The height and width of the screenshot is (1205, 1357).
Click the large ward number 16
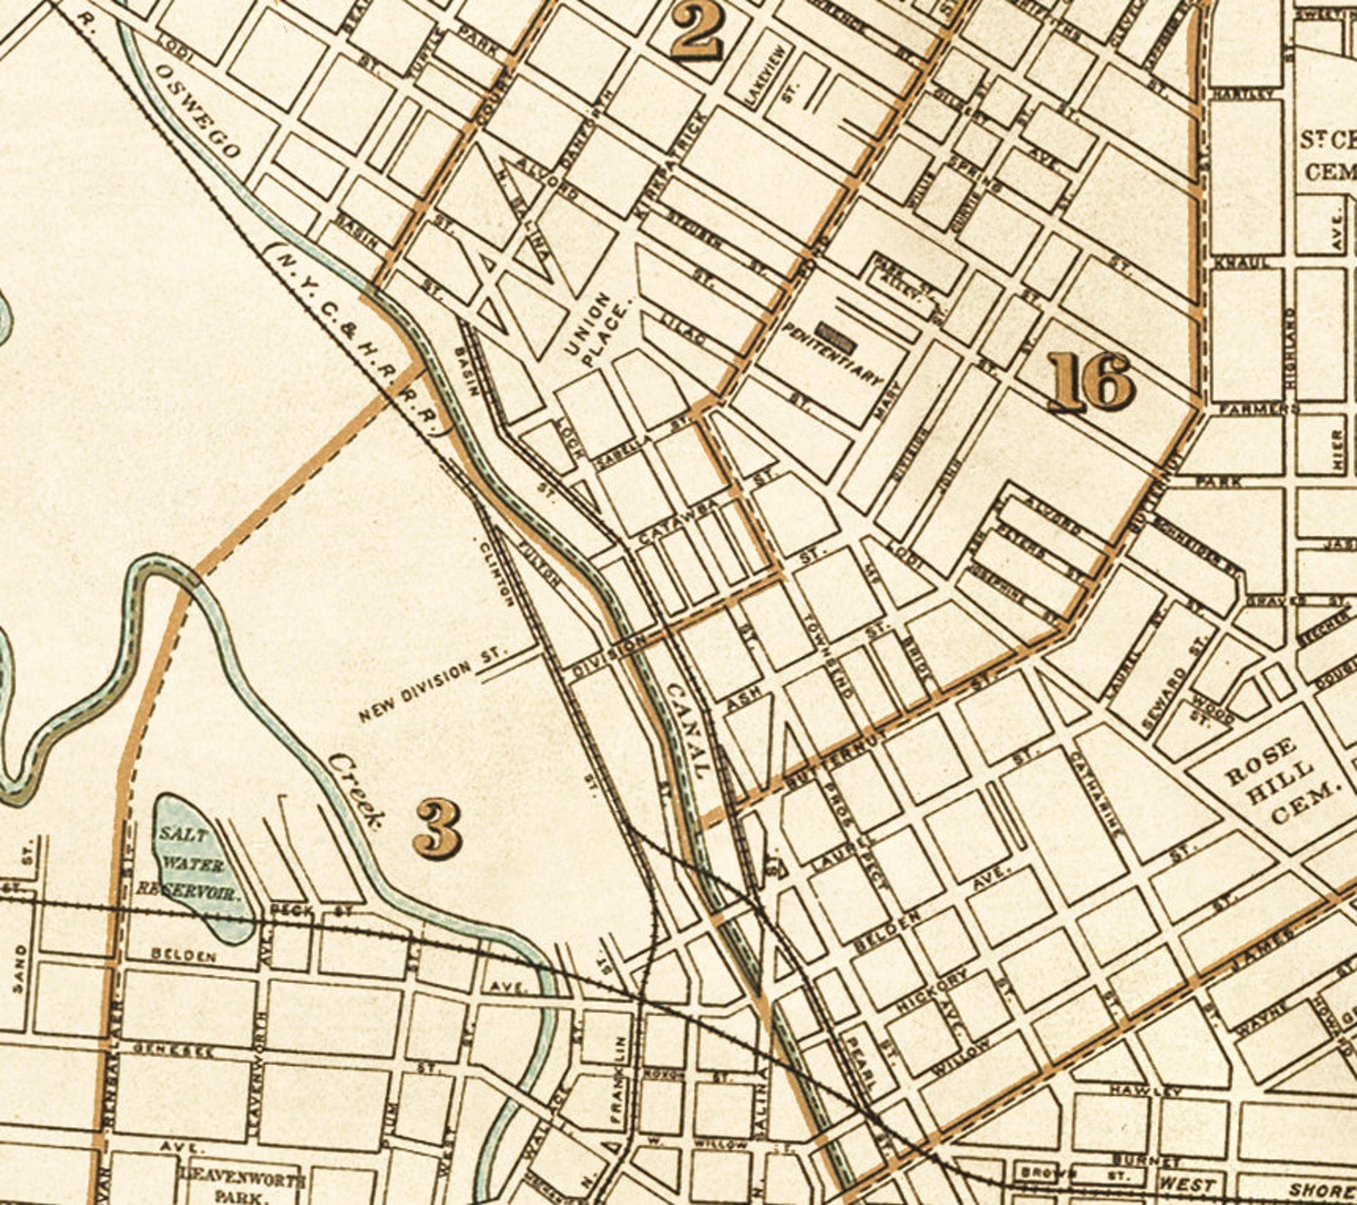tap(1091, 383)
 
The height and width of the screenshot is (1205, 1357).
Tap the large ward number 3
tap(438, 828)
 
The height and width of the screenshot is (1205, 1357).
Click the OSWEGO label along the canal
tap(197, 111)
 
